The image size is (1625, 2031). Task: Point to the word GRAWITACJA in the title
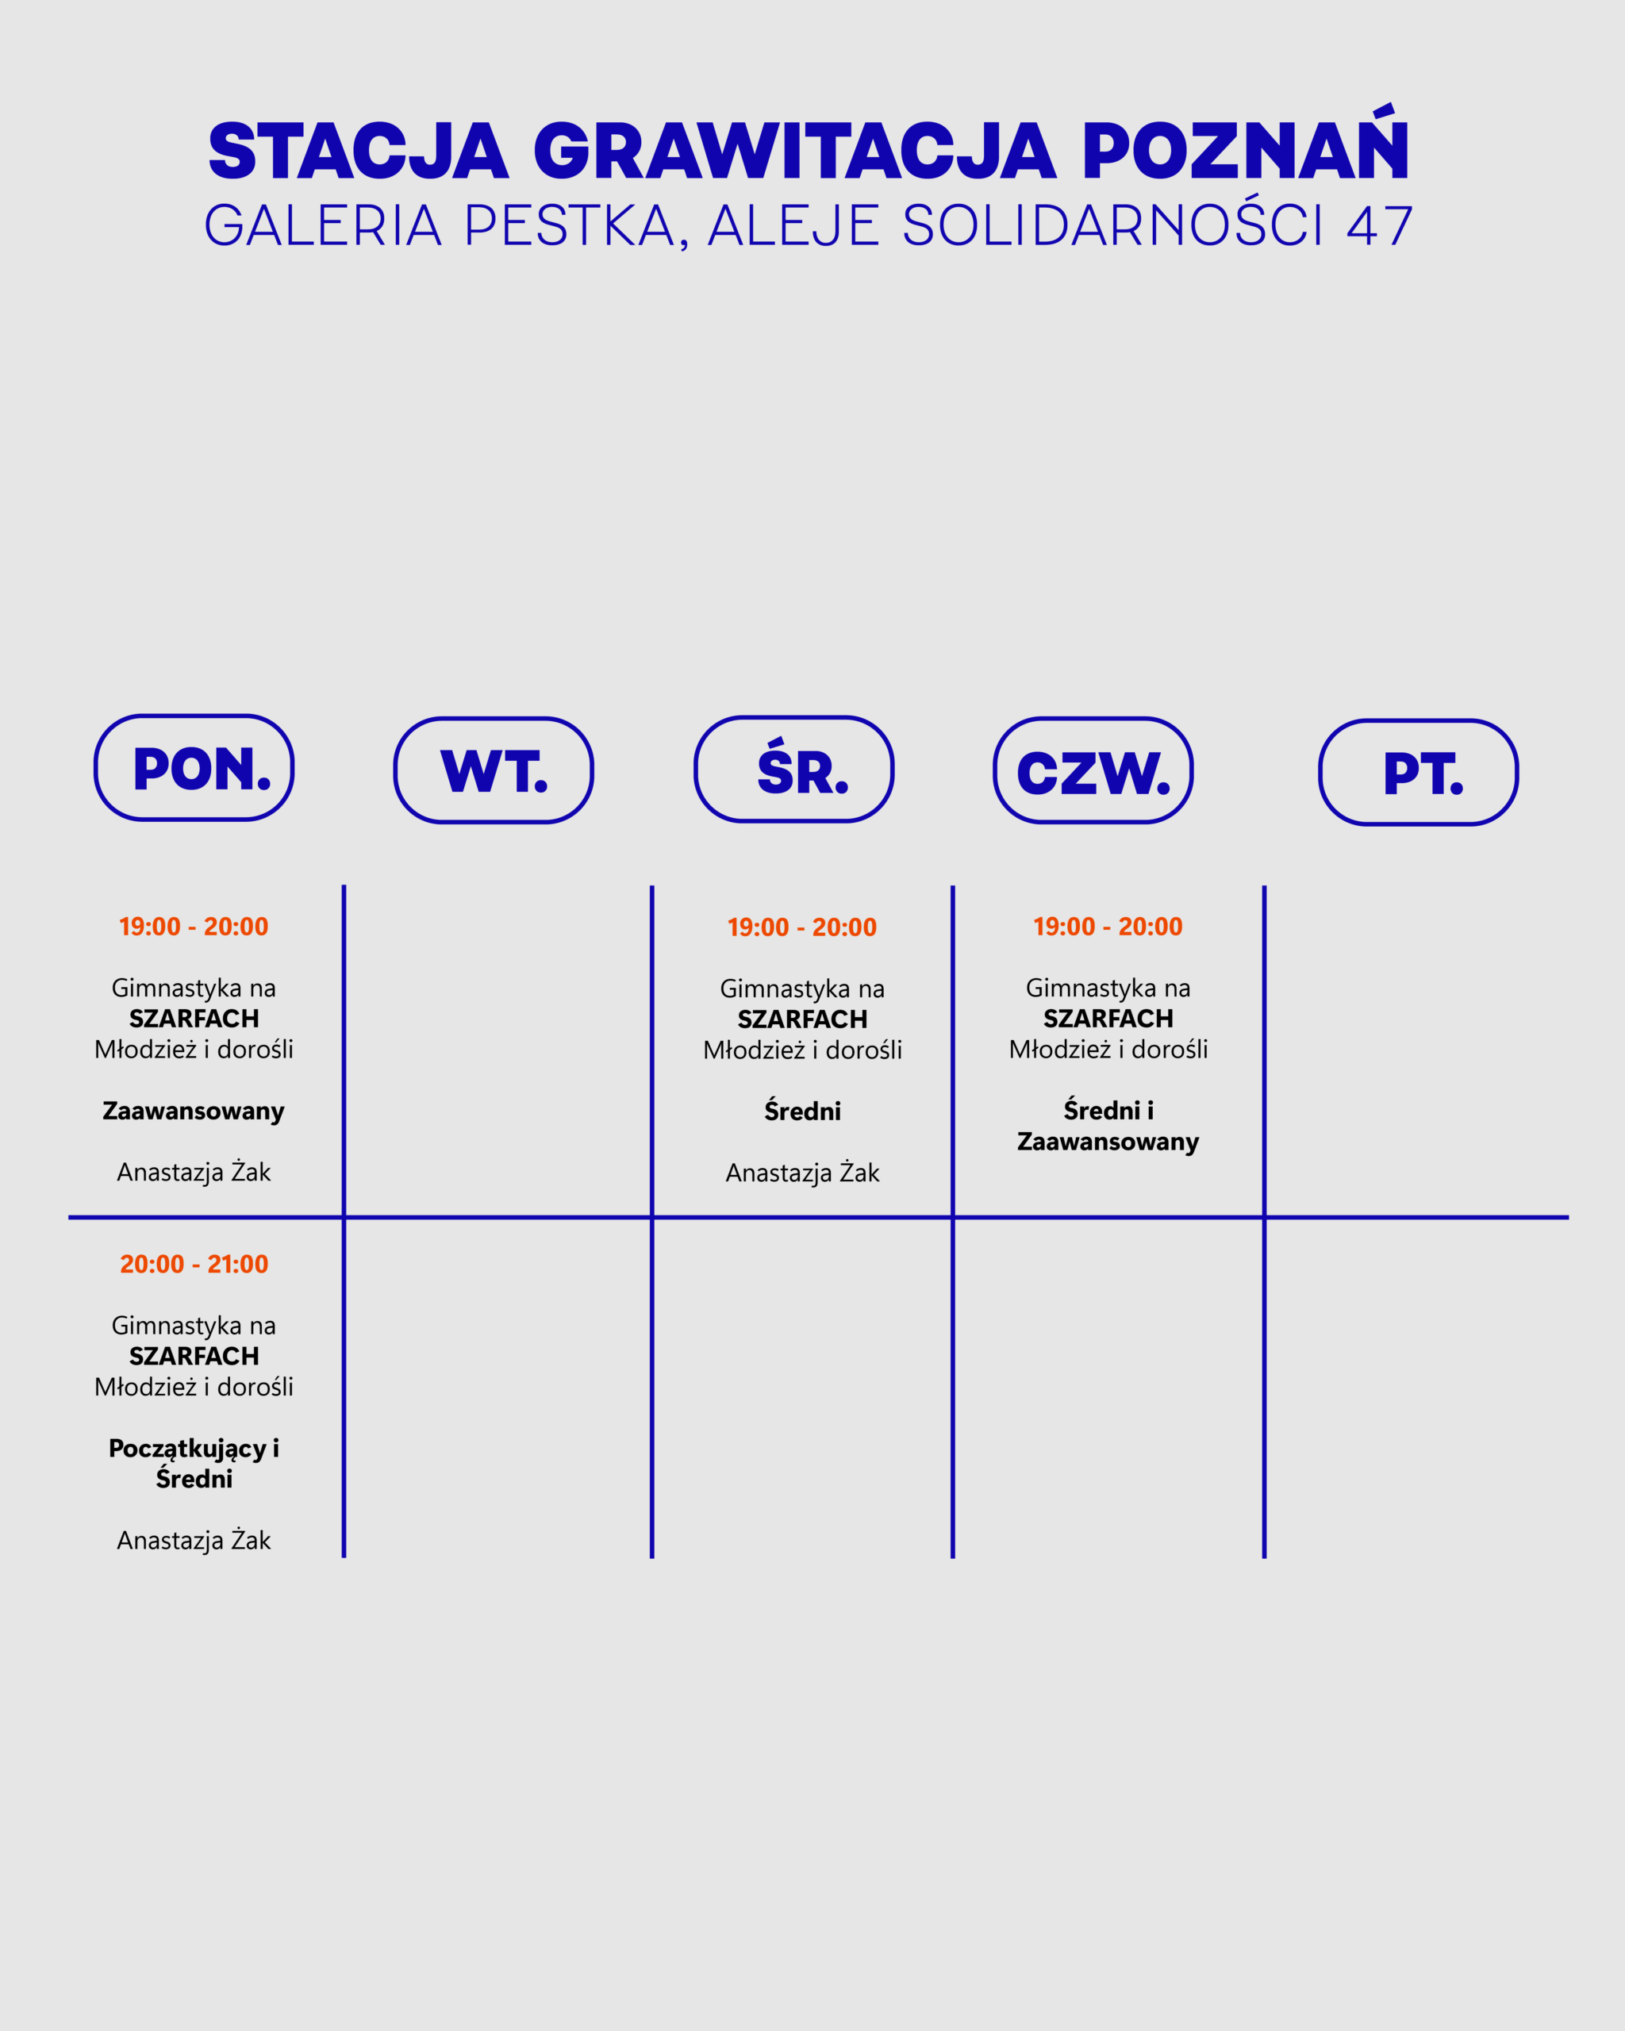pyautogui.click(x=794, y=151)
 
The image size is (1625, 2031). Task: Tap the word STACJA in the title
pyautogui.click(x=358, y=151)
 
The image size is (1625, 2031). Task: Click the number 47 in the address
pyautogui.click(x=1380, y=226)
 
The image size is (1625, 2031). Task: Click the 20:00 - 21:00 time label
pyautogui.click(x=194, y=1264)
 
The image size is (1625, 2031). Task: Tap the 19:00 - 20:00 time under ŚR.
pyautogui.click(x=801, y=927)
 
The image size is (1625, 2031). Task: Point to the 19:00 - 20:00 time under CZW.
pyautogui.click(x=1108, y=926)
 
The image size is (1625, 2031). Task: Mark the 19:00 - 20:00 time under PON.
pyautogui.click(x=193, y=926)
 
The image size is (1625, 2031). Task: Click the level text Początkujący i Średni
pyautogui.click(x=194, y=1463)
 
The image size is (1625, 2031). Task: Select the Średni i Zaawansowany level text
pyautogui.click(x=1108, y=1126)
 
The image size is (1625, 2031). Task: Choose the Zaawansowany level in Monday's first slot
pyautogui.click(x=193, y=1111)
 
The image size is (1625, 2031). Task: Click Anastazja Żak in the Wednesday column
pyautogui.click(x=803, y=1173)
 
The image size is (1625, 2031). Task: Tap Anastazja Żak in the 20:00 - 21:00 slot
pyautogui.click(x=194, y=1540)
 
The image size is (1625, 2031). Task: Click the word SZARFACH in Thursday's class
pyautogui.click(x=1108, y=1019)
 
